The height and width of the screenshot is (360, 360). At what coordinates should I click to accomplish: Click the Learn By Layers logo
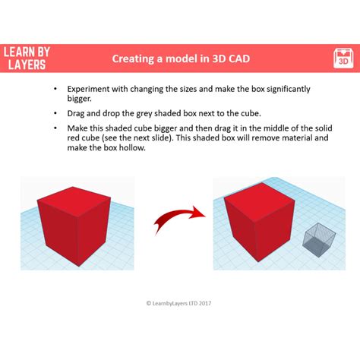click(27, 58)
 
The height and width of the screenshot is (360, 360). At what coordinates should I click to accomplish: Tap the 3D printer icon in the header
click(341, 58)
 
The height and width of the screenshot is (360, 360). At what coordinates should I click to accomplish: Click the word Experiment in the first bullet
click(88, 88)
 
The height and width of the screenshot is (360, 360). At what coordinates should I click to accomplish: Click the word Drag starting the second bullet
click(77, 112)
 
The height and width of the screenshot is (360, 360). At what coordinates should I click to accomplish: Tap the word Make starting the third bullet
click(77, 127)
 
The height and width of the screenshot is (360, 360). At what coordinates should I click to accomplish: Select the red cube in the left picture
click(77, 228)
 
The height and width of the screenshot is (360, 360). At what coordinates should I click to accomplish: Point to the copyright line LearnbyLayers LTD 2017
click(180, 302)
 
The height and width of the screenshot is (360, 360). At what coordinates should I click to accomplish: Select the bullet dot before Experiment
click(55, 88)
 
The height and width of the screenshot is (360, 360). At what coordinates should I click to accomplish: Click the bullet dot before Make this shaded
click(55, 127)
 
